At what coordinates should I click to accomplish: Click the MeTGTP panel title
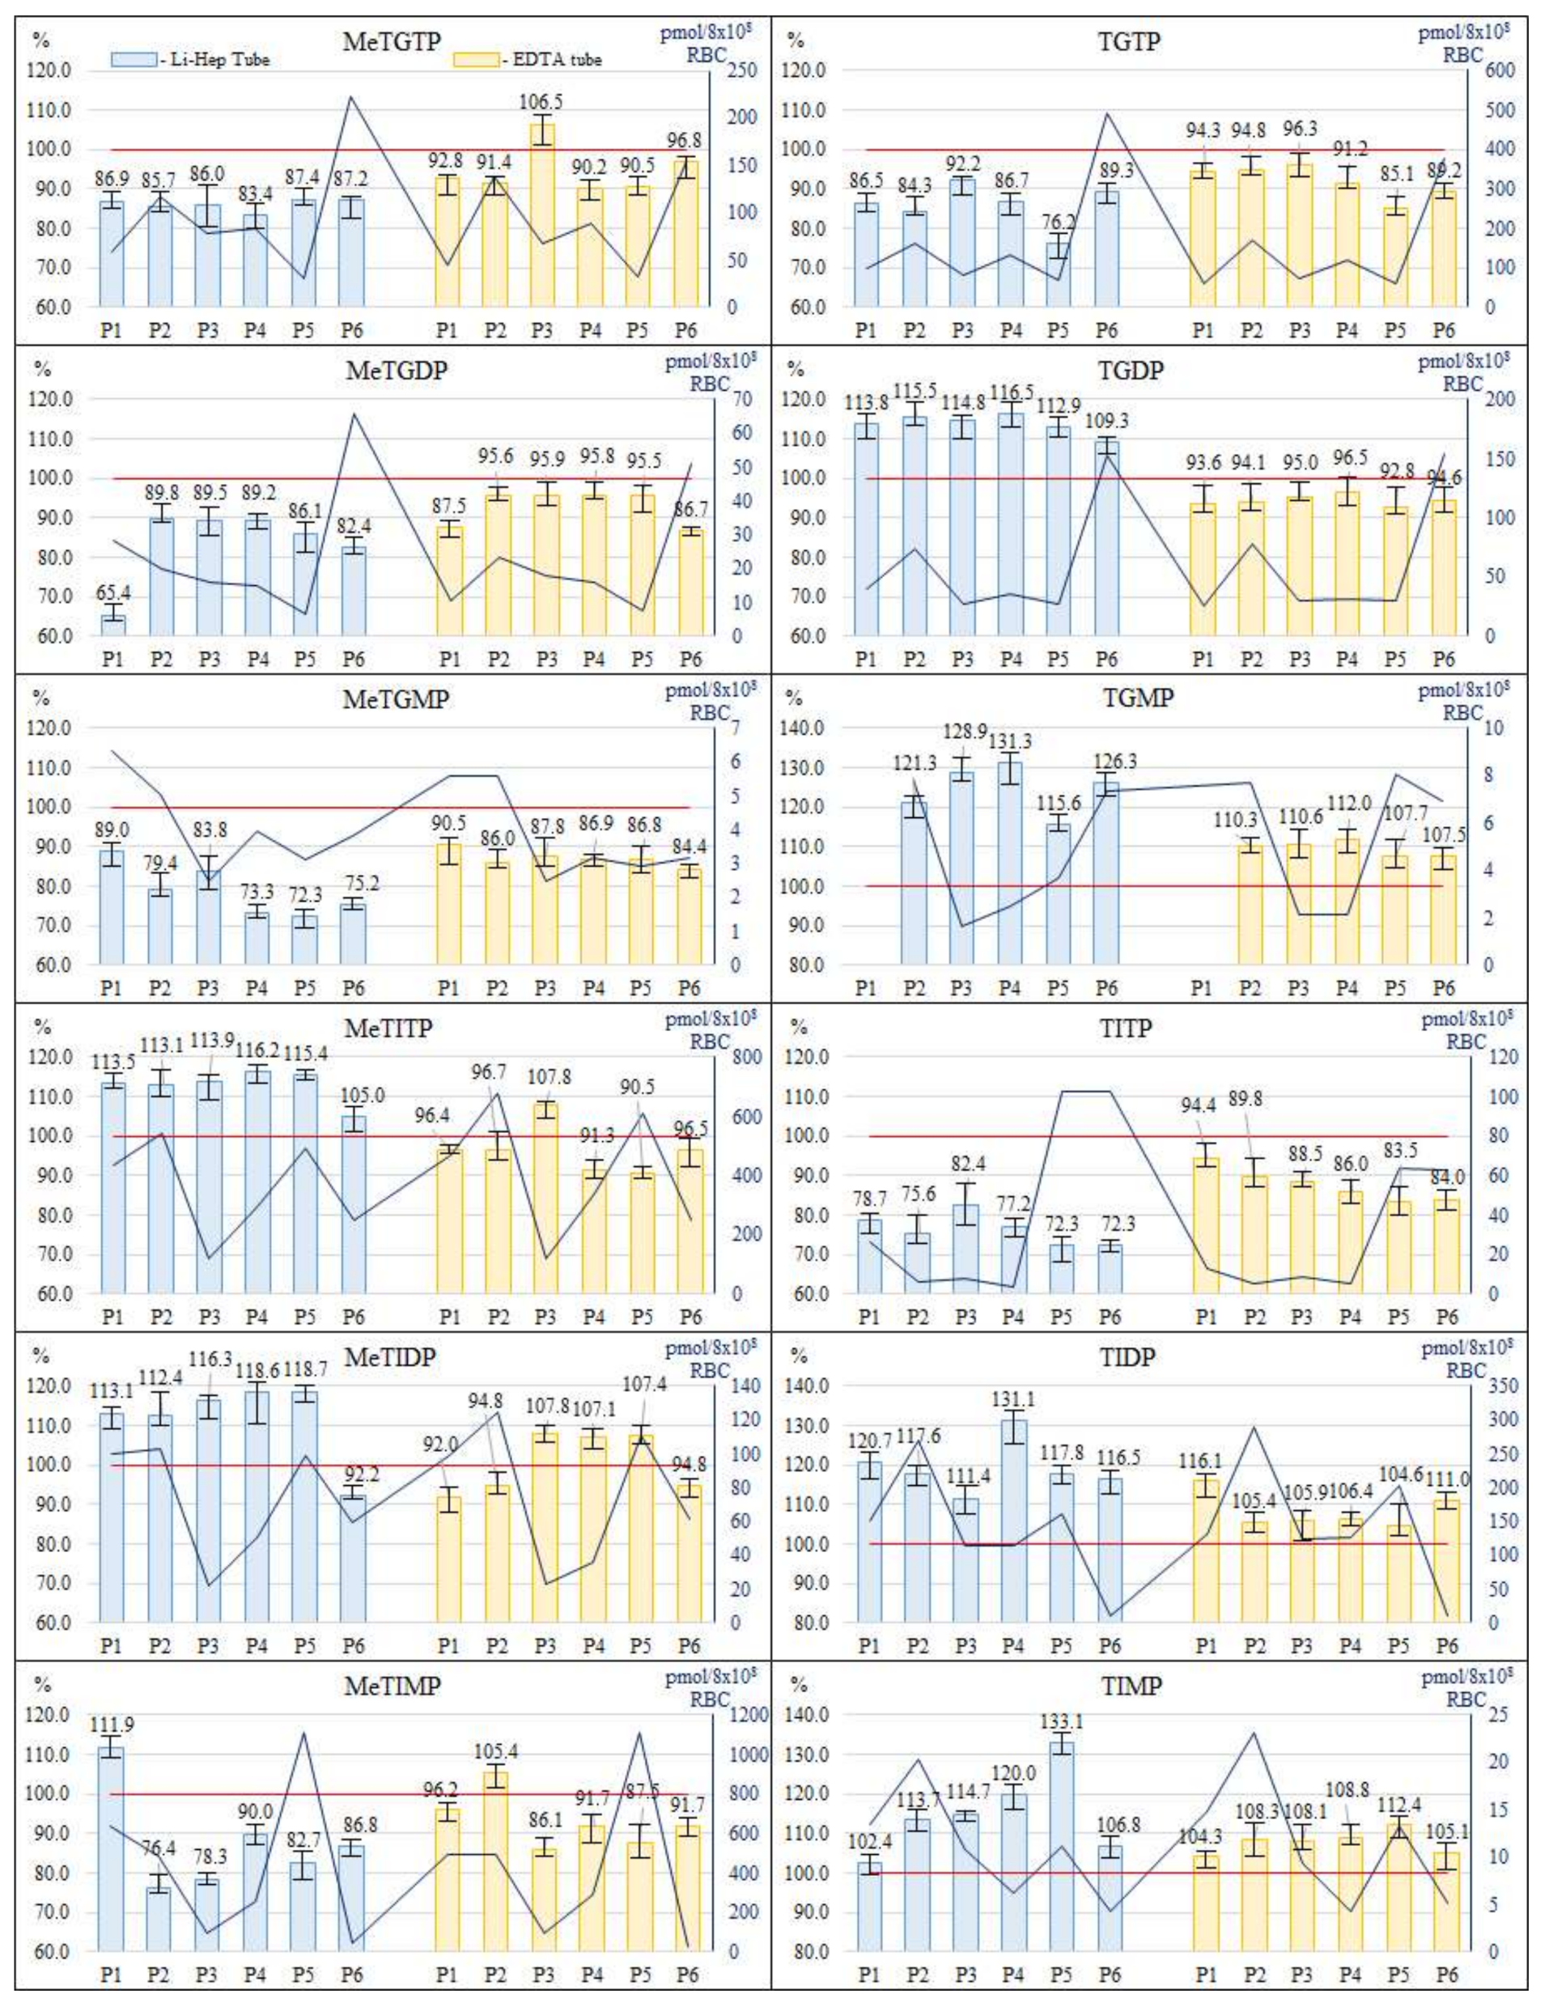[x=392, y=41]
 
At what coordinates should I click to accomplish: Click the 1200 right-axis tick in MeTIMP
[x=748, y=1715]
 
